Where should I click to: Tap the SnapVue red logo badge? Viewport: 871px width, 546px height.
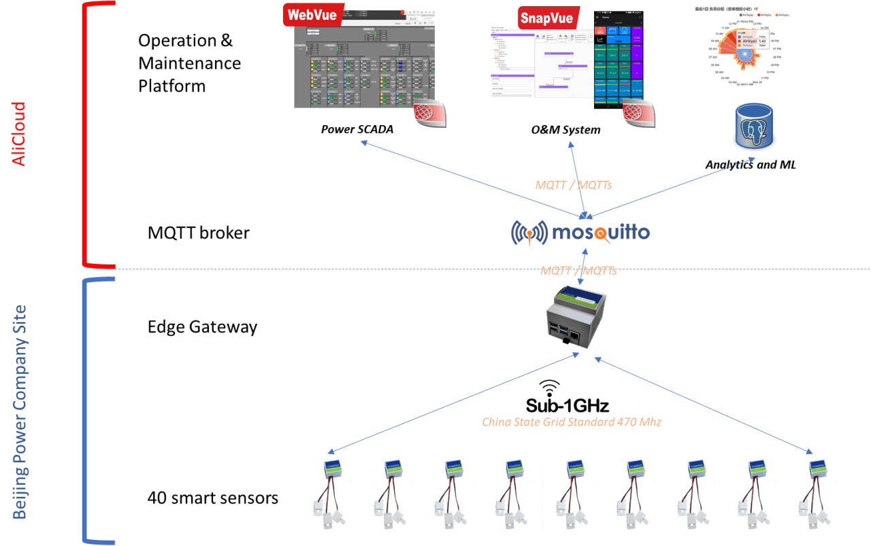tap(546, 18)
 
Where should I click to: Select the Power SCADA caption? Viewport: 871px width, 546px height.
tap(357, 129)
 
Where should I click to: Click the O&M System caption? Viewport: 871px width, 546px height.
tap(566, 130)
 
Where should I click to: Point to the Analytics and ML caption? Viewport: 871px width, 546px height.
tap(751, 165)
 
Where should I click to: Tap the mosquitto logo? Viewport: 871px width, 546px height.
tap(580, 233)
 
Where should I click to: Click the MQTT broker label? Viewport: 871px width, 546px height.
tap(199, 233)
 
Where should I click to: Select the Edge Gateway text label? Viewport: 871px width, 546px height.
tap(202, 327)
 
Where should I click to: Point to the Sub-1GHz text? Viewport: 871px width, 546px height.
tap(567, 406)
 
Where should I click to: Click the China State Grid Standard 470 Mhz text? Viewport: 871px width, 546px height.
tap(572, 422)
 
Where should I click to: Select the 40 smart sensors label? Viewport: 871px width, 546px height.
tap(213, 498)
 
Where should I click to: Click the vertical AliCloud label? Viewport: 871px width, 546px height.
tap(18, 134)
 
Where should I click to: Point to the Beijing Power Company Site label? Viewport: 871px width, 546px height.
tap(20, 412)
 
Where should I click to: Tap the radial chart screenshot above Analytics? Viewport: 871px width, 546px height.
tap(742, 46)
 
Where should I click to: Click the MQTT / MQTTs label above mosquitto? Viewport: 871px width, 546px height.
tap(574, 184)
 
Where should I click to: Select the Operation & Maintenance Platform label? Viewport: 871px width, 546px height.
tap(189, 63)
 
